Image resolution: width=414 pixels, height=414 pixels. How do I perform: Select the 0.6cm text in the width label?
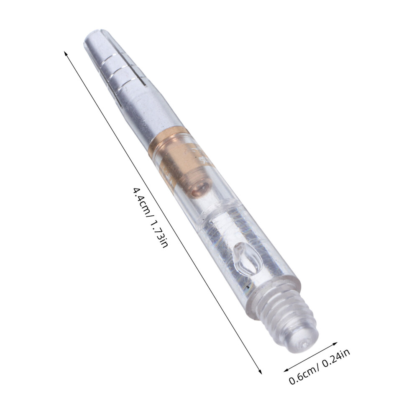(303, 375)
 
